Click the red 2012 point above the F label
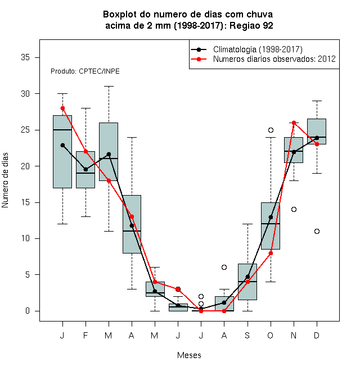85,151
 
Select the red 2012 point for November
294,123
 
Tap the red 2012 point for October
271,253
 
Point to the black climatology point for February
85,169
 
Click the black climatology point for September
247,277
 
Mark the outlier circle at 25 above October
271,130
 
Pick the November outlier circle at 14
294,210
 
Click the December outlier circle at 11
317,231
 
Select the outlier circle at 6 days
224,268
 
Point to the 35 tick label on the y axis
25,57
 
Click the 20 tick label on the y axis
25,166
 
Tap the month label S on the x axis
247,335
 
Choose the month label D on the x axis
317,335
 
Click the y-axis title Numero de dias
5,180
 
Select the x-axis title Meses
189,355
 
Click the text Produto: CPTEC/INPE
85,71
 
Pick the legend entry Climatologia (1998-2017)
258,49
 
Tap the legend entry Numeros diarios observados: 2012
274,59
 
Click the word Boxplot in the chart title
120,15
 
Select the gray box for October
271,226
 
